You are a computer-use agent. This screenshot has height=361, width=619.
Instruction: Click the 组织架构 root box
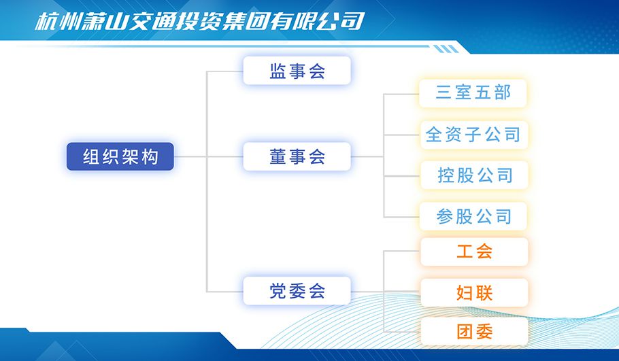pyautogui.click(x=120, y=156)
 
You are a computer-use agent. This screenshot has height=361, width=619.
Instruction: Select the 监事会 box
pyautogui.click(x=297, y=71)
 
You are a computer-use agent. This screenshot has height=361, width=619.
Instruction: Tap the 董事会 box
pyautogui.click(x=297, y=156)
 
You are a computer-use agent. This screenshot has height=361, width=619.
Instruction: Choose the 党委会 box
pyautogui.click(x=297, y=291)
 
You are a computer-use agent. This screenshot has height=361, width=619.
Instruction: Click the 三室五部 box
pyautogui.click(x=473, y=93)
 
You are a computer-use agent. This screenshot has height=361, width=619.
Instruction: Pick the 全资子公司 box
pyautogui.click(x=473, y=135)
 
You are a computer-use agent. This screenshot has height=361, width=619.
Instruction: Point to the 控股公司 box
pyautogui.click(x=474, y=175)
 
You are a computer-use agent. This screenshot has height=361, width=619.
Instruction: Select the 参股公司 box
pyautogui.click(x=473, y=216)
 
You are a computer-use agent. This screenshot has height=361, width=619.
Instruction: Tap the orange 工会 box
pyautogui.click(x=474, y=252)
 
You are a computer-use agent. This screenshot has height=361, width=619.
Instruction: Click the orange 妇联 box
pyautogui.click(x=474, y=293)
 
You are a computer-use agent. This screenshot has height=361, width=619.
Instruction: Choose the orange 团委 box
pyautogui.click(x=474, y=332)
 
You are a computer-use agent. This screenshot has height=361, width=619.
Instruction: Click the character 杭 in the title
pyautogui.click(x=46, y=21)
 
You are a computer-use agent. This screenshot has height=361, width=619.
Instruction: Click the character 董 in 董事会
pyautogui.click(x=278, y=156)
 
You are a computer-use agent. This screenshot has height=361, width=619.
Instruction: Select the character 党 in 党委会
pyautogui.click(x=278, y=291)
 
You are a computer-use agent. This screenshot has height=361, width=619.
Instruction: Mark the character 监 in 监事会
pyautogui.click(x=278, y=71)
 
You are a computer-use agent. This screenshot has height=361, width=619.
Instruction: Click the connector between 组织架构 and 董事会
pyautogui.click(x=208, y=156)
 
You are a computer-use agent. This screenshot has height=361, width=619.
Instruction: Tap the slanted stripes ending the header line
pyautogui.click(x=446, y=49)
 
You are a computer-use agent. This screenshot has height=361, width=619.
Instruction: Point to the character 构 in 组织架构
pyautogui.click(x=150, y=156)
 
